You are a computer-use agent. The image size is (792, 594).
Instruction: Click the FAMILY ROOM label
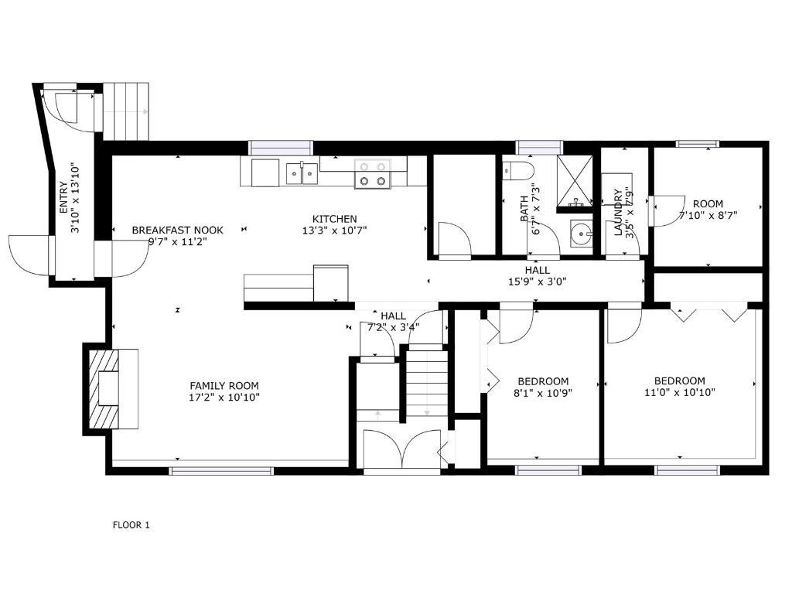pyautogui.click(x=224, y=386)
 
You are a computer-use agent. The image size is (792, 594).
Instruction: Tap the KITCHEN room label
pyautogui.click(x=334, y=219)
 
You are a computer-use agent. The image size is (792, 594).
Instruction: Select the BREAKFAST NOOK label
pyautogui.click(x=177, y=230)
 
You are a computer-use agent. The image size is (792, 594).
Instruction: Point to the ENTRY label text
pyautogui.click(x=63, y=197)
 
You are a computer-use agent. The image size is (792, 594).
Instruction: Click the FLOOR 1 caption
pyautogui.click(x=131, y=525)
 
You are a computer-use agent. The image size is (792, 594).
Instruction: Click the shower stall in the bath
pyautogui.click(x=575, y=181)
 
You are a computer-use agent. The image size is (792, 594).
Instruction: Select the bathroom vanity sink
pyautogui.click(x=582, y=234)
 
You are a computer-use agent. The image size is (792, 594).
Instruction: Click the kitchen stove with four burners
pyautogui.click(x=373, y=173)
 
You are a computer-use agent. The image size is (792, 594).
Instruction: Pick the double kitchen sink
pyautogui.click(x=302, y=173)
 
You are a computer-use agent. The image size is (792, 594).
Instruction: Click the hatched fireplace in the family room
pyautogui.click(x=104, y=388)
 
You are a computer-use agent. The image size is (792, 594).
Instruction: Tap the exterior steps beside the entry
pyautogui.click(x=126, y=111)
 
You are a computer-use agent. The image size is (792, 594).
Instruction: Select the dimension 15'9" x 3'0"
pyautogui.click(x=538, y=282)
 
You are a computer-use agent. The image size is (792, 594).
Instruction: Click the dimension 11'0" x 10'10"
pyautogui.click(x=680, y=392)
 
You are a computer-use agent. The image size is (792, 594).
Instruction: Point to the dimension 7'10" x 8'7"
pyautogui.click(x=708, y=215)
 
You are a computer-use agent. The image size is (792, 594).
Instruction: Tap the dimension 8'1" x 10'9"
pyautogui.click(x=543, y=392)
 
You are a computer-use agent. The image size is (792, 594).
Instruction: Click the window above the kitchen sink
pyautogui.click(x=280, y=148)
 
